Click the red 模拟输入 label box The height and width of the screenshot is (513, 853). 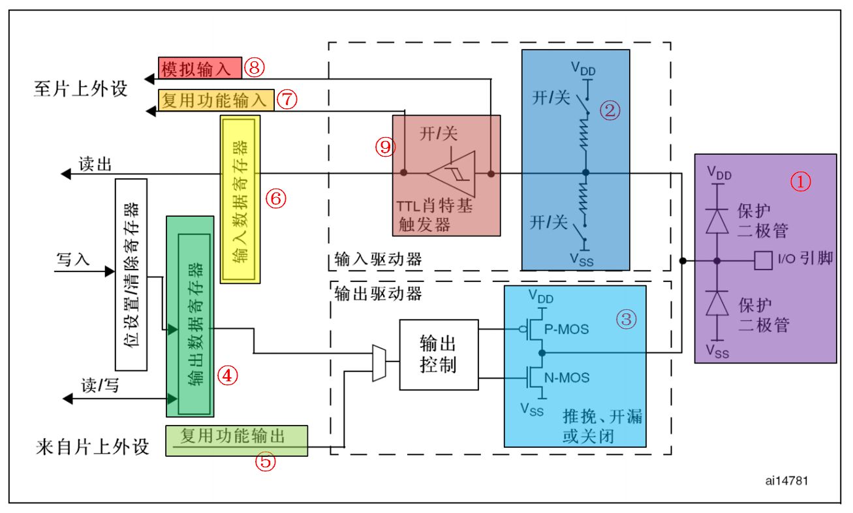[200, 67]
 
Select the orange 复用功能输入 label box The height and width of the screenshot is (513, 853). [216, 100]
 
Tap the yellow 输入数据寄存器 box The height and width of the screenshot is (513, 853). [240, 200]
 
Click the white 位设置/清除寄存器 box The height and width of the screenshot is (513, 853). [130, 273]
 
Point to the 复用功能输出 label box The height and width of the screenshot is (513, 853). [236, 440]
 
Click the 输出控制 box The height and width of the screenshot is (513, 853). [439, 354]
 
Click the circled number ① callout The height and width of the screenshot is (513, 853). [800, 181]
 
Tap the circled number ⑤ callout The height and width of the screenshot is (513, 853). [265, 462]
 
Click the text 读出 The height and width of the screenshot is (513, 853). [95, 164]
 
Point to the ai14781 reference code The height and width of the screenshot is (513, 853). [787, 480]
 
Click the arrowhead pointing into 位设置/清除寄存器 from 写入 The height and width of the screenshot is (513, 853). [109, 271]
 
